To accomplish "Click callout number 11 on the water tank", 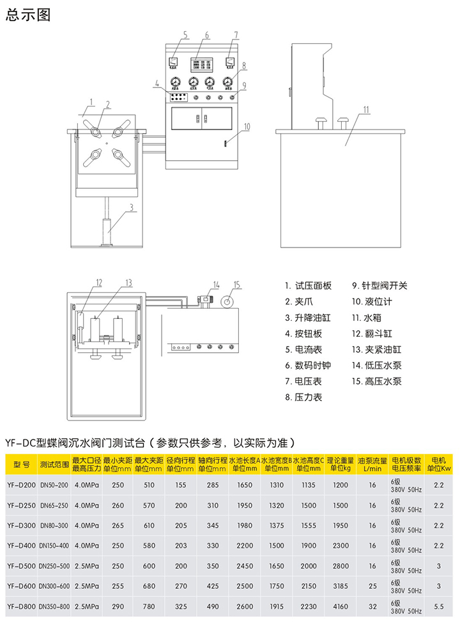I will coord(366,109).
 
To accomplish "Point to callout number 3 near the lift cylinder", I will coord(130,207).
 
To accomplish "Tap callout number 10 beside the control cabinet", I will coord(247,126).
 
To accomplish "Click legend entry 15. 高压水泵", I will coord(377,381).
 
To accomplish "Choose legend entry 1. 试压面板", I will coord(308,286).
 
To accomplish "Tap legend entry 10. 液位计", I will coord(374,302).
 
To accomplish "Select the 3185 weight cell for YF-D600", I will coord(341,586).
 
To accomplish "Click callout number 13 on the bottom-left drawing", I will coord(128,282).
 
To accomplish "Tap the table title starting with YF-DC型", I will coord(151,441).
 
